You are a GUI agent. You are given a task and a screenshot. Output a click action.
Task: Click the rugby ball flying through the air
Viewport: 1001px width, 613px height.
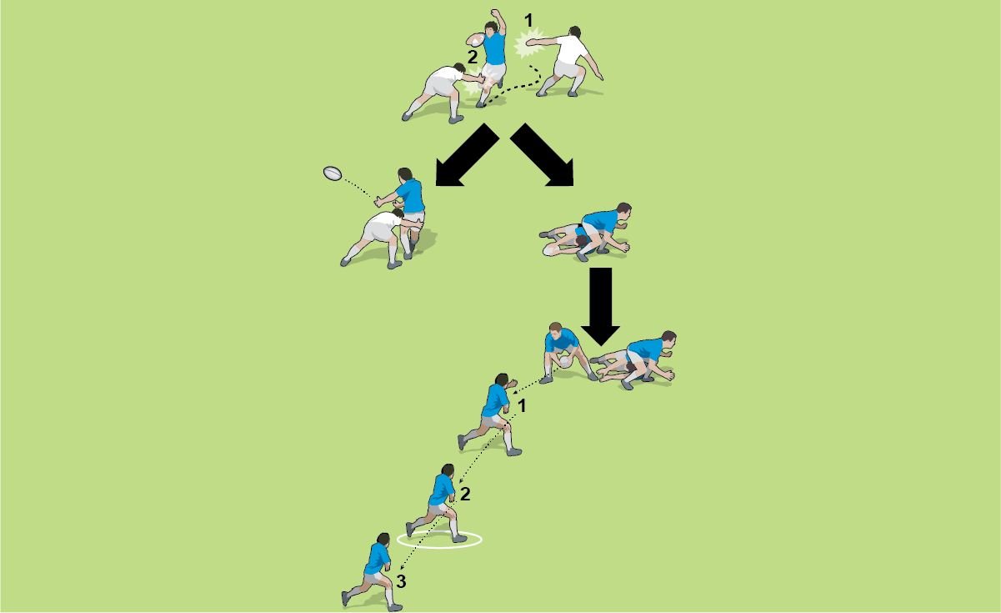[x=333, y=173]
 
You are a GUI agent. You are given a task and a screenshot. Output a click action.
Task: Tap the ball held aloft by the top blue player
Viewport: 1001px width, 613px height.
[x=476, y=40]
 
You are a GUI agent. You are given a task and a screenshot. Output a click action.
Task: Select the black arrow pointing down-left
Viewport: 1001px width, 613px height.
[x=467, y=154]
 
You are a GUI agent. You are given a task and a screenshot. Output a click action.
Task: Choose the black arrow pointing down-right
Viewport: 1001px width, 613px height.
[x=542, y=154]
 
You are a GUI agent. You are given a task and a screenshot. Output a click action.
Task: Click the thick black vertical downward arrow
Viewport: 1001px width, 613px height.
[x=601, y=307]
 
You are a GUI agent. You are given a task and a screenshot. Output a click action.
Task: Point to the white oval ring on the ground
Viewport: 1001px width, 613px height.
[x=439, y=540]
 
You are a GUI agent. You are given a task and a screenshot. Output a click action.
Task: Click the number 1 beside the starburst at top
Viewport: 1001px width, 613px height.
[x=528, y=21]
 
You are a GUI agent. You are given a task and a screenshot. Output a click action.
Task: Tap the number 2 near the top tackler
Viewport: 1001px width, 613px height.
[x=473, y=58]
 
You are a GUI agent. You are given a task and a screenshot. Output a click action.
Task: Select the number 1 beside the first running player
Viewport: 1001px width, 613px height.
[x=522, y=406]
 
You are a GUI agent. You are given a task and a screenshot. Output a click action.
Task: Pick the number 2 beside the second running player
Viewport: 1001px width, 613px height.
[x=465, y=494]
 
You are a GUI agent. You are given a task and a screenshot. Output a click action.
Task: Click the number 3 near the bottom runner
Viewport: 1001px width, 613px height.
[x=401, y=581]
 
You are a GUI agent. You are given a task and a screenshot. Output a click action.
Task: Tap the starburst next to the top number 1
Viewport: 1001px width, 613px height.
[x=529, y=43]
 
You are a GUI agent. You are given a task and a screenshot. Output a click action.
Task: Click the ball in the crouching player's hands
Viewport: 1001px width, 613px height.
[x=565, y=361]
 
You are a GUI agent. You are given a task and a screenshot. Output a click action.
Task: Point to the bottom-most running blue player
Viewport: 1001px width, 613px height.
[x=372, y=572]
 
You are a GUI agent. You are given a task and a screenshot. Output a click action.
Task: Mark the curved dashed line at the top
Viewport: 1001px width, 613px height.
[x=514, y=86]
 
